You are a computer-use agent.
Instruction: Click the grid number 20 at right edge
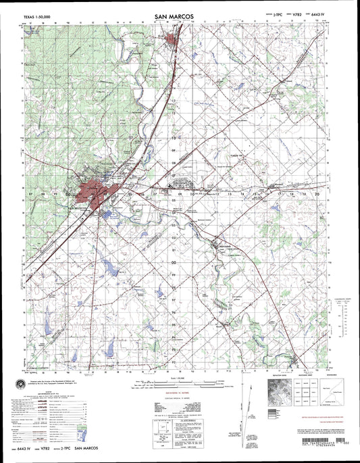(317, 193)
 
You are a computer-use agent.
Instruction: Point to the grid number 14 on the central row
(244, 193)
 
